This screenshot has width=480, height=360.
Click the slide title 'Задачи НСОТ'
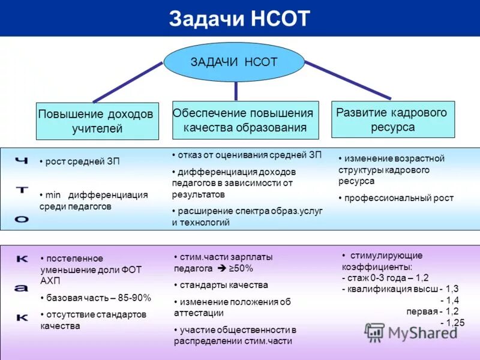point(239,19)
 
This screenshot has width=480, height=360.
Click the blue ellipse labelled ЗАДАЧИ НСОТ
point(234,62)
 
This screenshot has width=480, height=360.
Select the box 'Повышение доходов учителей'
point(96,121)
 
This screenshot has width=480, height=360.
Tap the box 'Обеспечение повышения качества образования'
point(244,120)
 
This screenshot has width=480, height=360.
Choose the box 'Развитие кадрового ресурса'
point(392,119)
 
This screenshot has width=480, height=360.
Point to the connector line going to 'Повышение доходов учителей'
point(127,82)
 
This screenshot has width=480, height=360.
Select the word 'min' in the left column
point(55,195)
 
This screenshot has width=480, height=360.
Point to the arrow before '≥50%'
point(221,269)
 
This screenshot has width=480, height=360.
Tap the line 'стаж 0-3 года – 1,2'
point(385,278)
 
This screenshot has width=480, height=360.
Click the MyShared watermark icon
point(375,332)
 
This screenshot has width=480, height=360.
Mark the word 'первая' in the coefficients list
point(422,311)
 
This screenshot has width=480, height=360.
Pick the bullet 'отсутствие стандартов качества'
point(93,320)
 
